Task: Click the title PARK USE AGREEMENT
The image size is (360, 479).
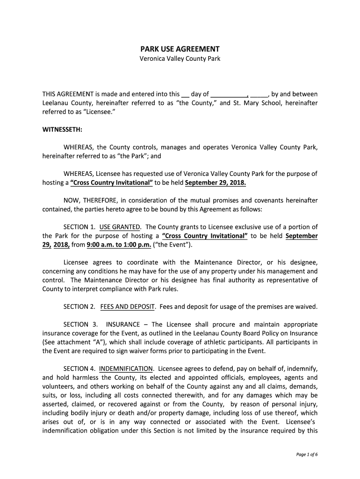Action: tap(180, 49)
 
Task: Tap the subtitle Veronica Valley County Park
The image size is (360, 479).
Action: tap(180, 59)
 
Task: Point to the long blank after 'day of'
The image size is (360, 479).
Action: tap(229, 94)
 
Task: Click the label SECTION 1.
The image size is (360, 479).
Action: tap(79, 227)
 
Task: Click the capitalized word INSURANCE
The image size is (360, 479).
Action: tap(123, 324)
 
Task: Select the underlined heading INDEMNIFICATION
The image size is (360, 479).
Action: tap(126, 369)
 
